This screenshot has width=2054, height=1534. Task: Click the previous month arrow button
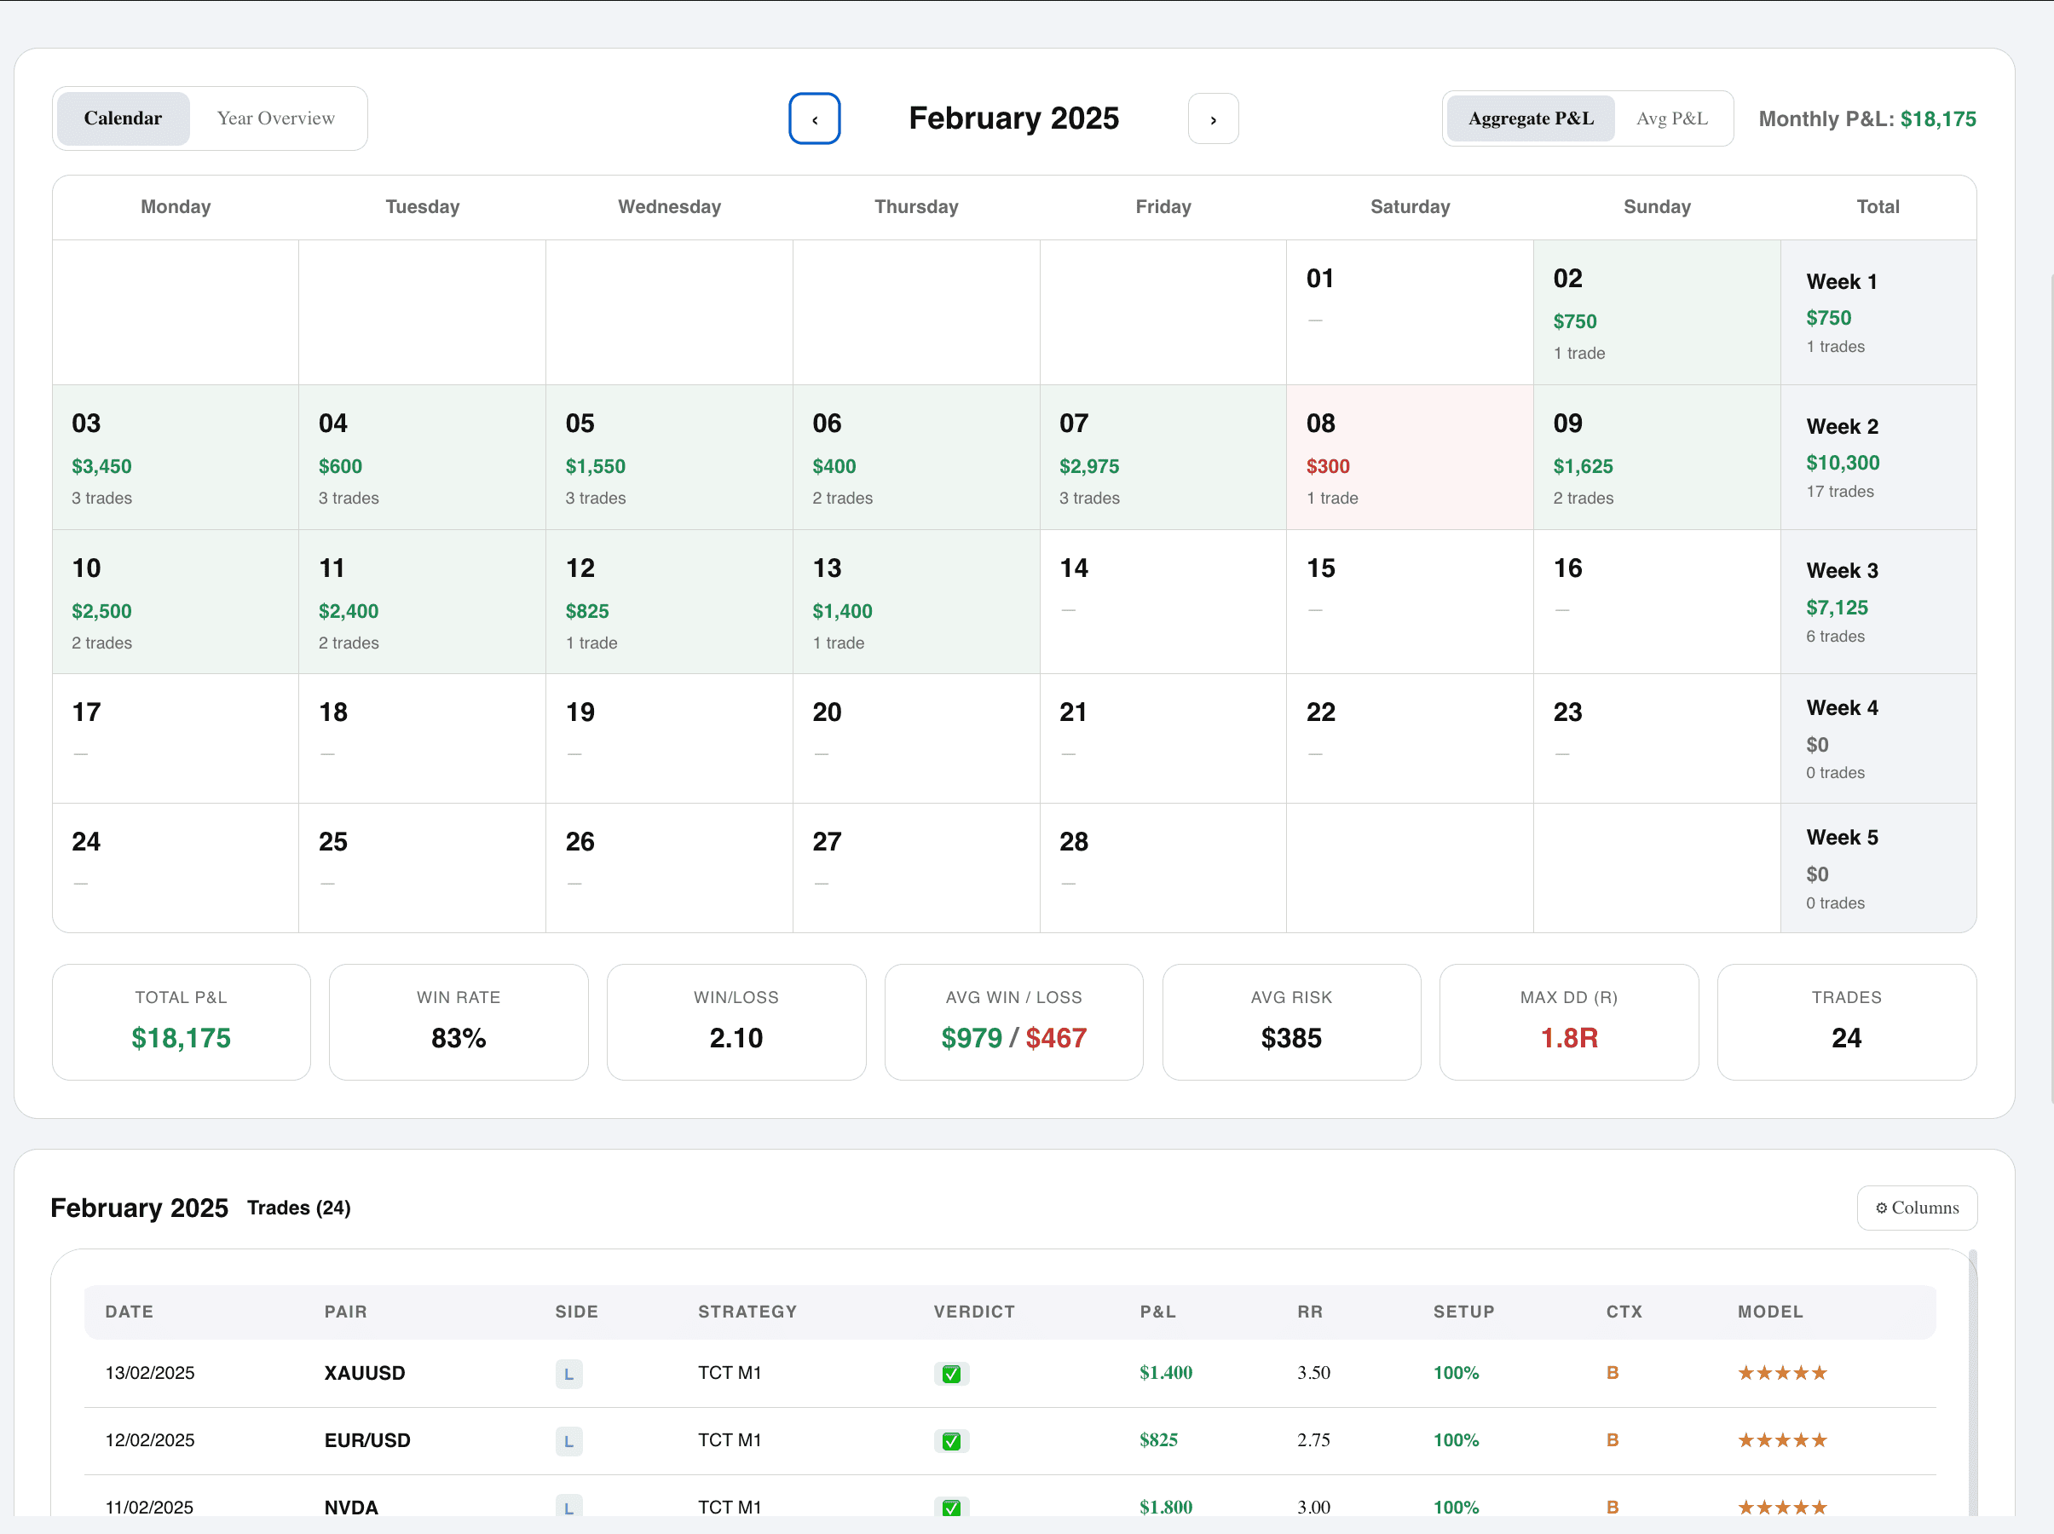pos(815,118)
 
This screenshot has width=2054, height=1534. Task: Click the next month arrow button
pos(1213,118)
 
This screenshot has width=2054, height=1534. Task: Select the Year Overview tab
pos(276,118)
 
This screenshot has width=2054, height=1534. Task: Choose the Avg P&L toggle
pos(1671,118)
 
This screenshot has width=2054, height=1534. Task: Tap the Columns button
pos(1917,1207)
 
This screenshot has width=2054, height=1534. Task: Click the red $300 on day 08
pos(1328,466)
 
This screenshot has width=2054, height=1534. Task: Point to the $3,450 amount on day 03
pos(102,466)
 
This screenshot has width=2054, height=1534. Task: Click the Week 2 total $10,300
pos(1843,463)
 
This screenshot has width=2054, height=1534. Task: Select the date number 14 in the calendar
pos(1073,568)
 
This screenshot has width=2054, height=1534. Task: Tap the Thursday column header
pos(915,207)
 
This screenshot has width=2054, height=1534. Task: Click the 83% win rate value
pos(458,1037)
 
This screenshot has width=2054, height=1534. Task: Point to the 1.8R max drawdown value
pos(1568,1037)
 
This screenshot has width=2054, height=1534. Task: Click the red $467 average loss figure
pos(1056,1037)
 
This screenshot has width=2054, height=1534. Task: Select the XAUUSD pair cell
pos(364,1372)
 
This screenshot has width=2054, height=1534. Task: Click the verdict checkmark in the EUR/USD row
pos(951,1441)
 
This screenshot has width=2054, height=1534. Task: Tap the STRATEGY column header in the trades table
pos(747,1311)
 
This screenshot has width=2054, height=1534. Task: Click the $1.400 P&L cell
pos(1165,1372)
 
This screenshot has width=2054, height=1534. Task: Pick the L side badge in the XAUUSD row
pos(568,1374)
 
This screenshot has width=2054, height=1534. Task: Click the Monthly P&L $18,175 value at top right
pos(1938,118)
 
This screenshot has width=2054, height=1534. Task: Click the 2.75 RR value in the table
pos(1313,1440)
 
